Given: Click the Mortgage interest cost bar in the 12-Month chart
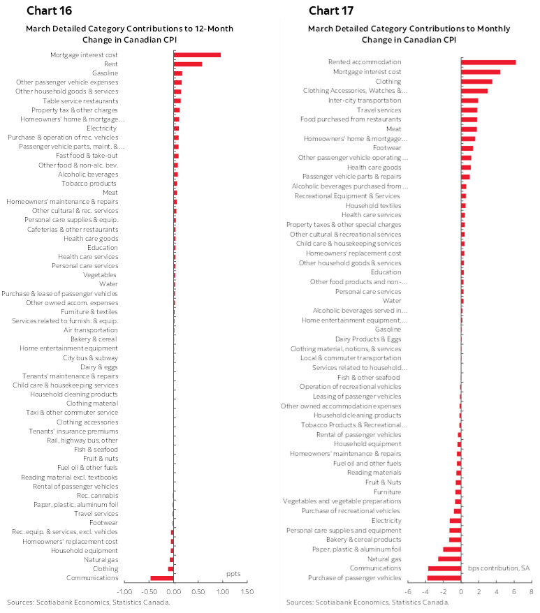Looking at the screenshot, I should coord(197,54).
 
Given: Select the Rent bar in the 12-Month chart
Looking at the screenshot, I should coord(188,64).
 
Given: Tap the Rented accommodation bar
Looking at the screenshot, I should coord(488,62).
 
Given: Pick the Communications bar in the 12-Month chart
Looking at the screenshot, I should coord(162,577).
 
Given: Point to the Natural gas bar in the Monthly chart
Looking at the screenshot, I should coord(449,559).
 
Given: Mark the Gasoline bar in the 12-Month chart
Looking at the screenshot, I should coord(178,73).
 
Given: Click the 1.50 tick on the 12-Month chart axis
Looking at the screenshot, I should coord(247,592).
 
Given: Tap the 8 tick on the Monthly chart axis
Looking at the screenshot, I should coord(531,592).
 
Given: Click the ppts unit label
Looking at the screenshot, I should coord(233,573).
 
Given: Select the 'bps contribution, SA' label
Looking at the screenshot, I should coord(499,568).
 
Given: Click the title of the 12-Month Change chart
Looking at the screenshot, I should coord(130,34).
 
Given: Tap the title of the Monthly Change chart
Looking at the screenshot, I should coord(409,34).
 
